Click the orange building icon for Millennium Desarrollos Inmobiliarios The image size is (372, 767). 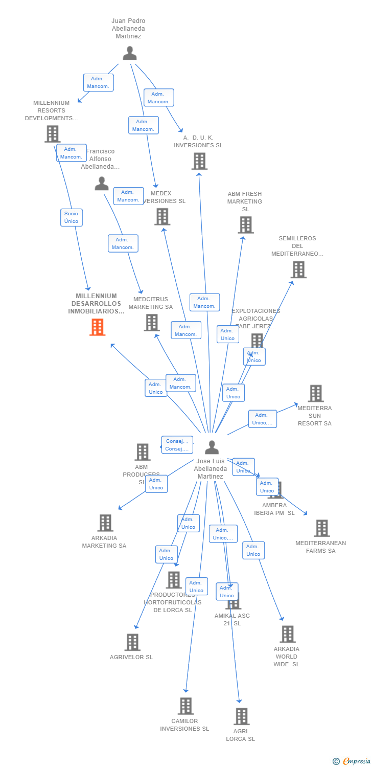97,327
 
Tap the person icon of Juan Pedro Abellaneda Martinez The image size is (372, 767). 130,53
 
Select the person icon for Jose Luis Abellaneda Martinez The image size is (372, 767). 212,447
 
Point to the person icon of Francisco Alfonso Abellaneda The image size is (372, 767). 102,183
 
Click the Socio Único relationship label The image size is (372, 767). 72,217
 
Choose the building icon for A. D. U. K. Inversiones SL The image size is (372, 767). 199,161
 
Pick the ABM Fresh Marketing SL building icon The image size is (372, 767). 245,224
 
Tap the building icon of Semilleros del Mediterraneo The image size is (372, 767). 298,269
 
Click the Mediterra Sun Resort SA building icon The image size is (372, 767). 316,393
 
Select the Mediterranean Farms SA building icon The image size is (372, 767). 321,528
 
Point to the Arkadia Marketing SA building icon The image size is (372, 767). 105,523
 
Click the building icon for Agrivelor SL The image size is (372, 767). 132,642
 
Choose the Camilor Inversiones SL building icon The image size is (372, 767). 185,706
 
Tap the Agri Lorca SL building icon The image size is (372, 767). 241,716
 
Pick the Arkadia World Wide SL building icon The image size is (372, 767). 287,634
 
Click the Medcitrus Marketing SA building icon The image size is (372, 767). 151,323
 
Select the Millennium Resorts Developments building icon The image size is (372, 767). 52,134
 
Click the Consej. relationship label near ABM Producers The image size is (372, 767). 177,445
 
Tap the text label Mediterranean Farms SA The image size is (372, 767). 321,547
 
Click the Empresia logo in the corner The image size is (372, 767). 352,761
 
